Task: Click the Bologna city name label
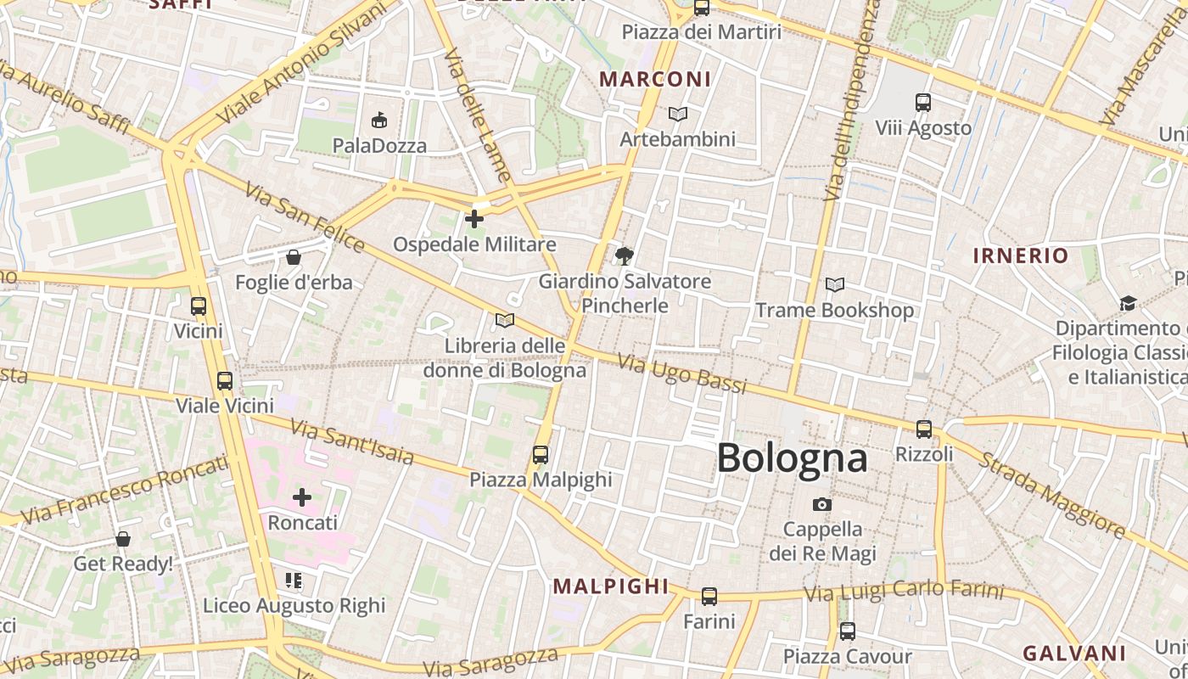(x=792, y=458)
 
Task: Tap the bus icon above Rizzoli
(x=924, y=429)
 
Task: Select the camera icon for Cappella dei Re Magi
(x=821, y=505)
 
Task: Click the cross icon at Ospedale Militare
(x=474, y=219)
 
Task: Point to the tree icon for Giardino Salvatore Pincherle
(x=625, y=255)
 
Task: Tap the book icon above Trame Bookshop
(x=835, y=285)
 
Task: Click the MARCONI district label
(x=655, y=79)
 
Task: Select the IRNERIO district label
(x=1020, y=255)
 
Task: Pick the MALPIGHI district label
(x=611, y=586)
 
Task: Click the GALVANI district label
(x=1073, y=653)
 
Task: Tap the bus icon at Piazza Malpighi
(x=541, y=455)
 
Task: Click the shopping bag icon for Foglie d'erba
(x=294, y=257)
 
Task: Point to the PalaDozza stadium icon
(x=379, y=121)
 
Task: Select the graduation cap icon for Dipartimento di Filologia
(x=1128, y=303)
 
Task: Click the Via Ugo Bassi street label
(x=682, y=374)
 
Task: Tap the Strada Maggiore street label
(x=1052, y=497)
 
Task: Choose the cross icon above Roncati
(x=302, y=497)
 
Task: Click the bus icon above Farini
(x=709, y=597)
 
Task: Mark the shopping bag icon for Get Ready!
(x=123, y=539)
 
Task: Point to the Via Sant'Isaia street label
(x=352, y=442)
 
